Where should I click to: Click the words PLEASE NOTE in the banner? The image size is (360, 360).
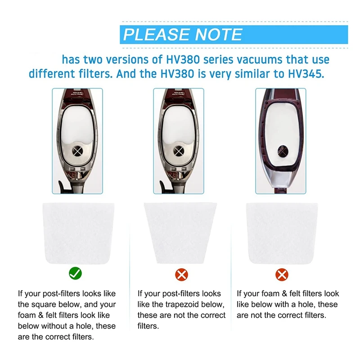tap(183, 34)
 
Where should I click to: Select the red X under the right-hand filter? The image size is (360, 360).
tap(282, 274)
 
